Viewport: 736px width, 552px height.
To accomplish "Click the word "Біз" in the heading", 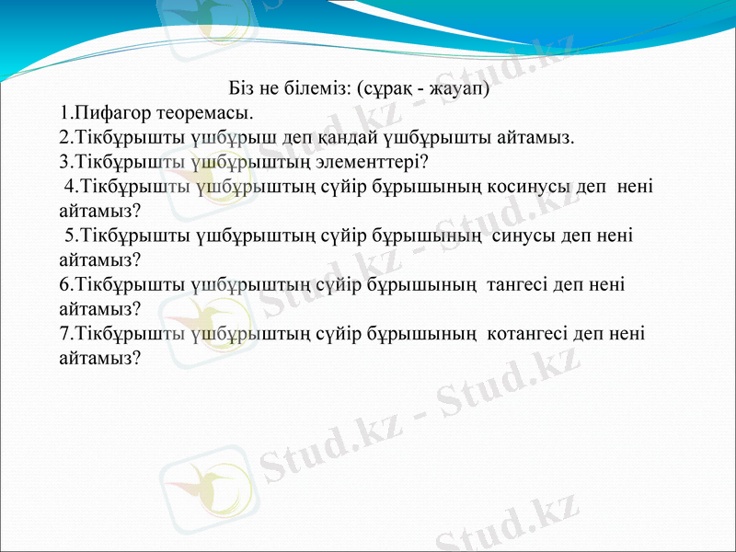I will click(242, 90).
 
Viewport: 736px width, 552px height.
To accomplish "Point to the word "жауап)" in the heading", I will click(458, 90).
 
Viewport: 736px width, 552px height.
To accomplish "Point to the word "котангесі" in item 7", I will click(527, 332).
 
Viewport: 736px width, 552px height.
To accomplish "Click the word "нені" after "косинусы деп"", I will click(635, 187).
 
